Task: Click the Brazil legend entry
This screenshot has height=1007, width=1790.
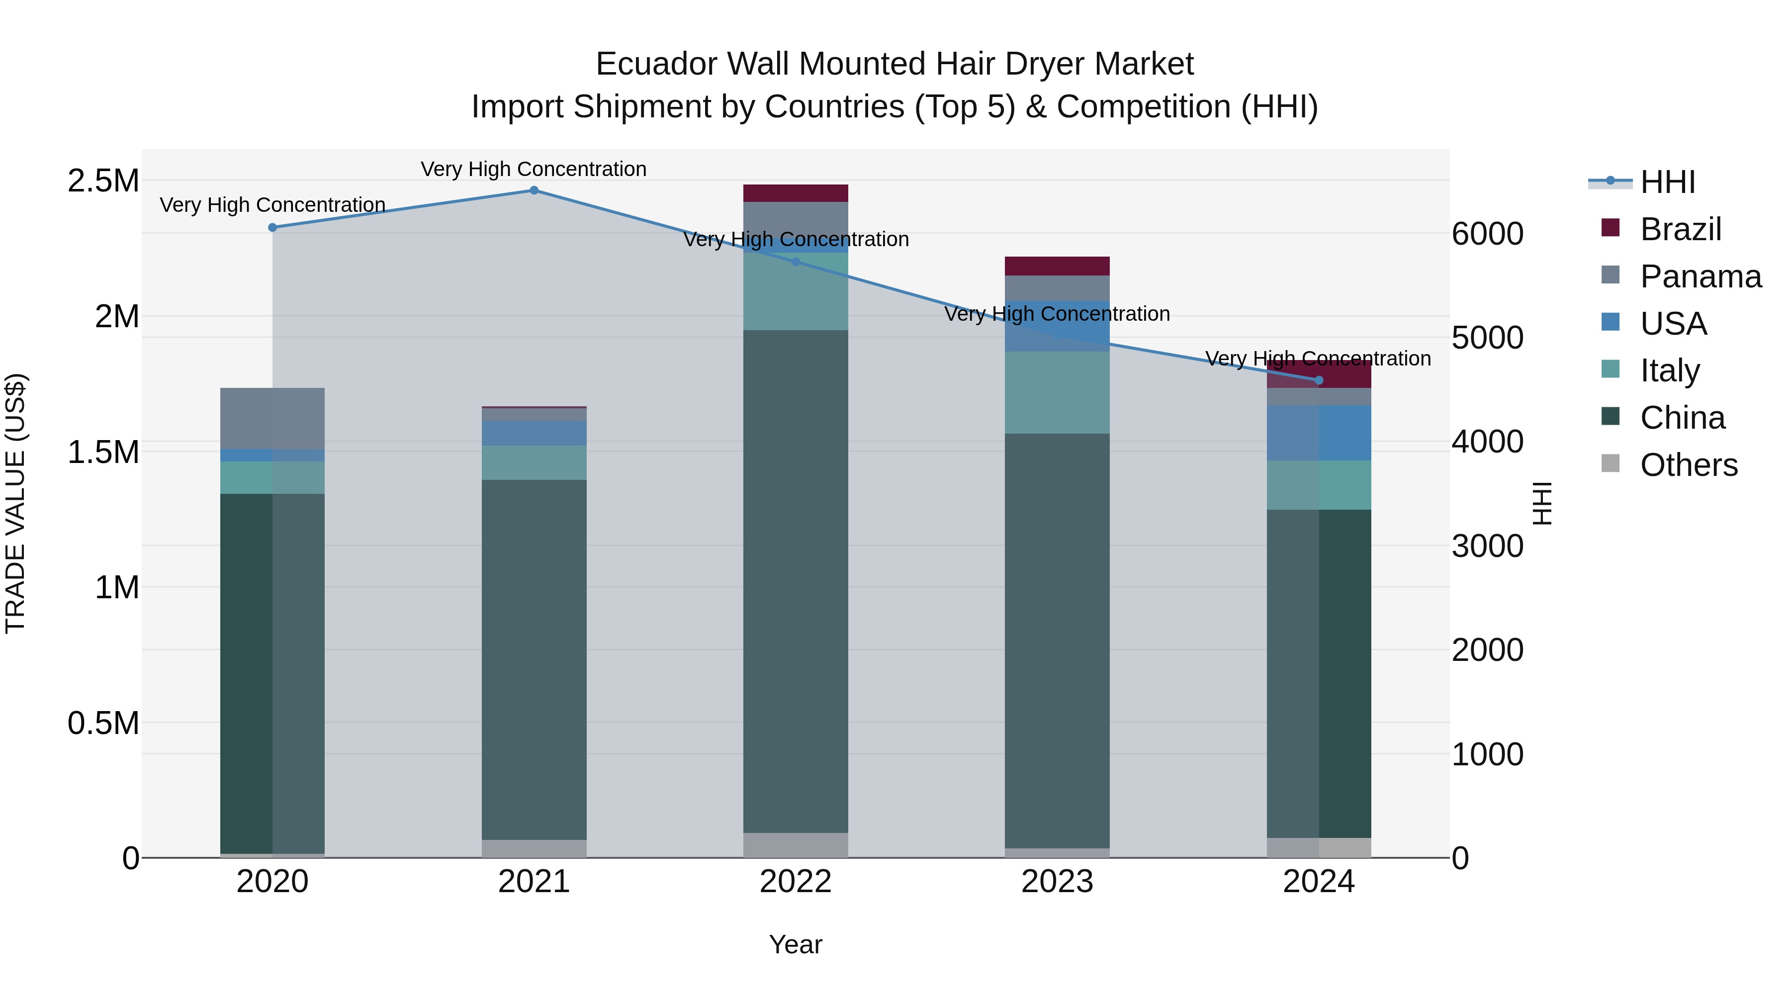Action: click(x=1680, y=229)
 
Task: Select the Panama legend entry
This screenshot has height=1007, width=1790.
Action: click(x=1700, y=276)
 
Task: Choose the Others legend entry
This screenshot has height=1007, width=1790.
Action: click(x=1688, y=465)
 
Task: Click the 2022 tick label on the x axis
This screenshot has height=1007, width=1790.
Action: click(x=795, y=882)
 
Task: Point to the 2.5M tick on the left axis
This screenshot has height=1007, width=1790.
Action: click(x=103, y=181)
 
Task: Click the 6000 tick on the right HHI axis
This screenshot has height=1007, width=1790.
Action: click(x=1487, y=234)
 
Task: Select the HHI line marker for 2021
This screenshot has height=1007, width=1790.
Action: click(x=534, y=190)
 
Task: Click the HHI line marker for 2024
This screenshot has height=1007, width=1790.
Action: click(x=1319, y=380)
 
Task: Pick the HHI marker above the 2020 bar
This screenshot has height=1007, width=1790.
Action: click(x=272, y=227)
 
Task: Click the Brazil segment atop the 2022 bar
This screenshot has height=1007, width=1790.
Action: click(x=795, y=193)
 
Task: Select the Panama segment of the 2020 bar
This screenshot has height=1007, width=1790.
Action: click(x=272, y=418)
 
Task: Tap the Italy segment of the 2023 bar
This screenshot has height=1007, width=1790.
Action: click(x=1057, y=393)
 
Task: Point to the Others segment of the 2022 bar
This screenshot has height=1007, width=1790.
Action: click(x=795, y=845)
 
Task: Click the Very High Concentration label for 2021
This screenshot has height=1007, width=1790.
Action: click(x=533, y=169)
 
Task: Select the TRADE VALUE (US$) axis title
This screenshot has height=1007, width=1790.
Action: click(x=15, y=503)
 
